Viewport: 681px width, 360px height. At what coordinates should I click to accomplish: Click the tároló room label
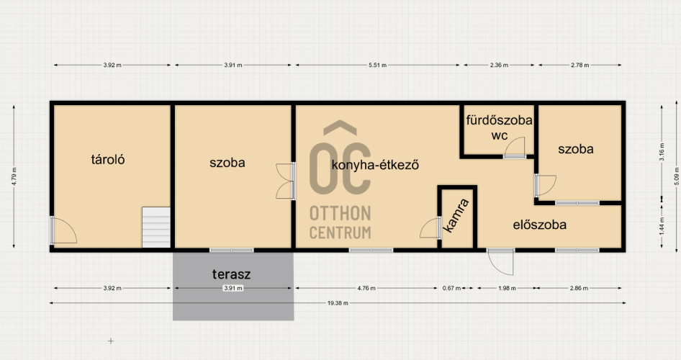108,159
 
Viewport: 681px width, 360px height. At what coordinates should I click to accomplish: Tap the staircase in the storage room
156,227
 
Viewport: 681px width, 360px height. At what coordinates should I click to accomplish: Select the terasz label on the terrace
232,274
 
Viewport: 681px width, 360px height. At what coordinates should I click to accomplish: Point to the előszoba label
540,225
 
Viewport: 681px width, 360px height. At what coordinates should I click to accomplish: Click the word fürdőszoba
500,120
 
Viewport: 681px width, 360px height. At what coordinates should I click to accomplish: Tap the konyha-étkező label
375,165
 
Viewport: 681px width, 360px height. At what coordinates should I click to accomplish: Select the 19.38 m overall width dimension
338,303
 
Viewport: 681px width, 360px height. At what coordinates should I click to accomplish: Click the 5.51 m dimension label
377,65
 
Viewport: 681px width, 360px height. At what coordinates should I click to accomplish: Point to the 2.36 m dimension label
499,65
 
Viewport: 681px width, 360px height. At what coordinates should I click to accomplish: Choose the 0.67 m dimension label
451,288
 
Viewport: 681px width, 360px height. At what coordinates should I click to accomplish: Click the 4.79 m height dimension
14,176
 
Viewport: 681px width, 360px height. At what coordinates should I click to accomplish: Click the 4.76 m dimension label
366,288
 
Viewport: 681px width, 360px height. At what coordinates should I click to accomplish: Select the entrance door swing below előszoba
500,262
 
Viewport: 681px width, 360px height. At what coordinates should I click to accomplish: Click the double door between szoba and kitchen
285,181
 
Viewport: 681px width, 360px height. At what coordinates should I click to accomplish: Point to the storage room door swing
63,230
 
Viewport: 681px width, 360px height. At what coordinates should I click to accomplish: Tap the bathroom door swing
514,147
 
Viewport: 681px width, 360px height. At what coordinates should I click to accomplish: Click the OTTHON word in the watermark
340,214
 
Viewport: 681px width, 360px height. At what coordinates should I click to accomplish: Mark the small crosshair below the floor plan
111,341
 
